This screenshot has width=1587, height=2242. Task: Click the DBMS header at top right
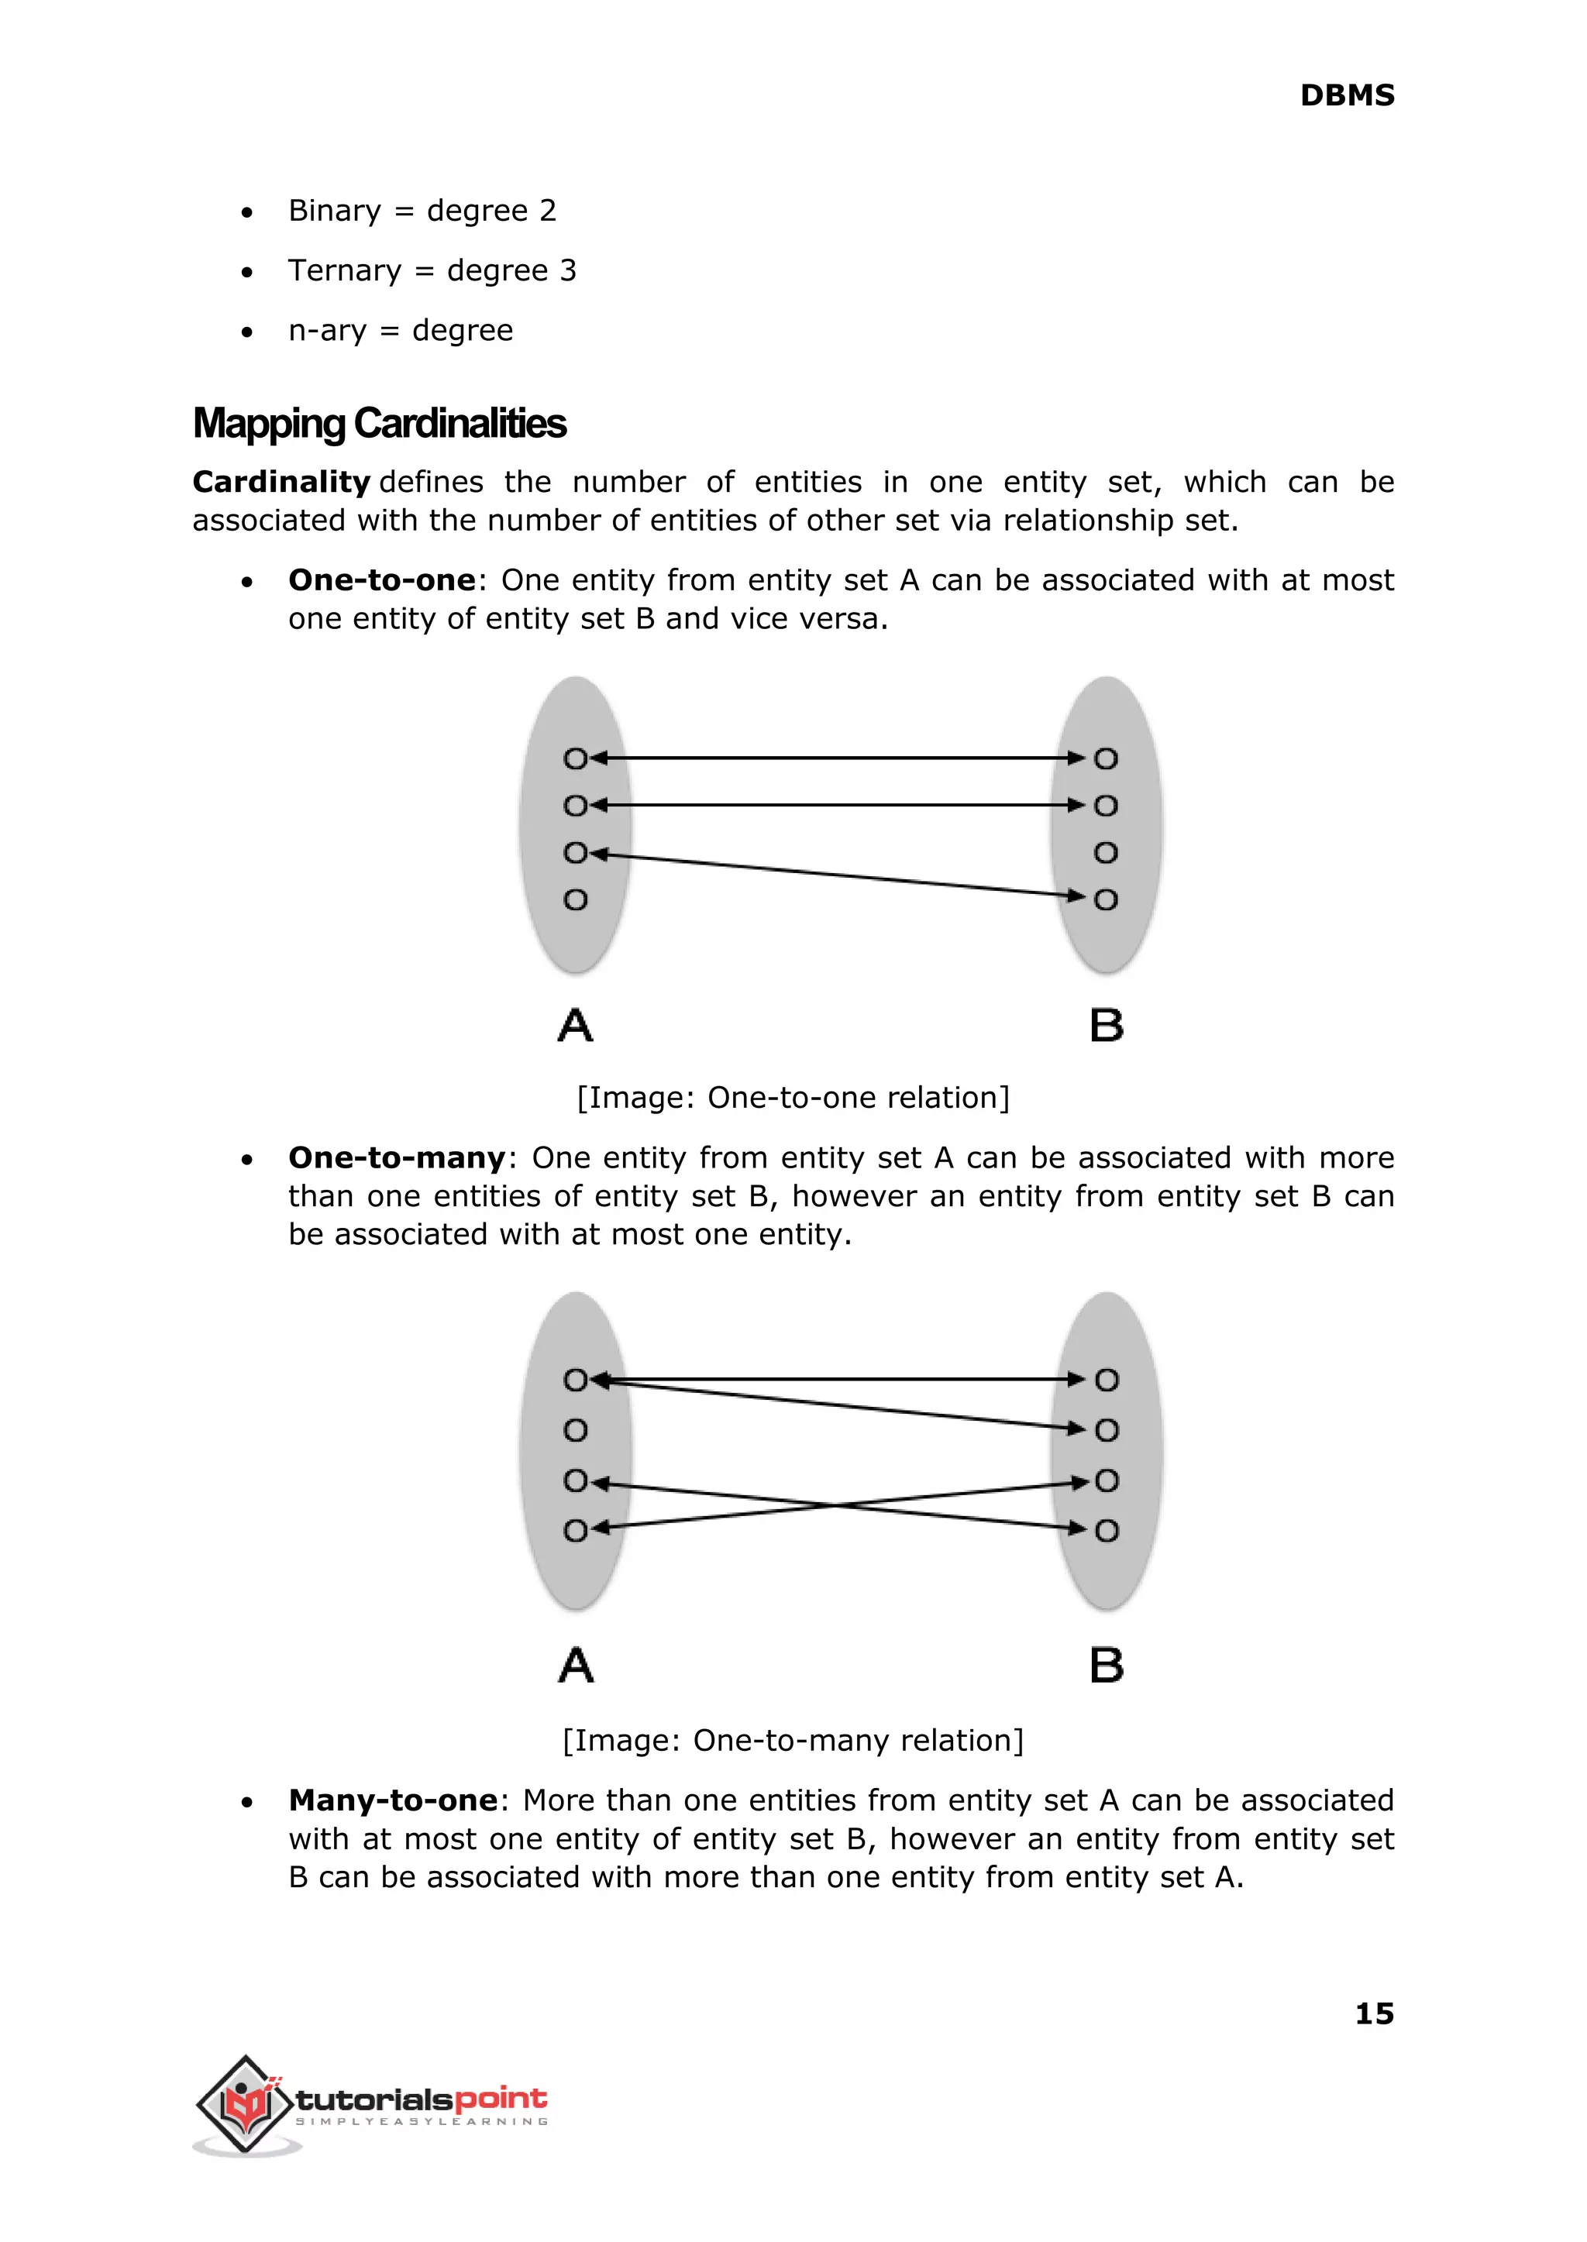[x=1346, y=96]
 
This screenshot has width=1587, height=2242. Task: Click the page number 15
[x=1373, y=2013]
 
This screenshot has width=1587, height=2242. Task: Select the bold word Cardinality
[x=281, y=482]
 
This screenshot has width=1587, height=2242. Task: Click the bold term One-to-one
[x=381, y=580]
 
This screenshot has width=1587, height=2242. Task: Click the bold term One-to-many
[x=397, y=1157]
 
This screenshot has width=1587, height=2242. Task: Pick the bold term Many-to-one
[x=393, y=1800]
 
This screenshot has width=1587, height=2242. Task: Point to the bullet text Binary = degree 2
[x=422, y=211]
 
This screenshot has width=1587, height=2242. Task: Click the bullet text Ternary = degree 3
[x=432, y=270]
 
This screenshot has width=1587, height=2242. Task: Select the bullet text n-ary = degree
[x=400, y=330]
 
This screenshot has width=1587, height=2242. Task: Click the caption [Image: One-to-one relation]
[x=793, y=1098]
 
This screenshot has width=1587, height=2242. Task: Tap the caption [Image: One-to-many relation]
[x=793, y=1740]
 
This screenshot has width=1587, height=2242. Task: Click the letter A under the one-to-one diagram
[x=576, y=1026]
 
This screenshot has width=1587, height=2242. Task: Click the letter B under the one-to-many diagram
[x=1107, y=1666]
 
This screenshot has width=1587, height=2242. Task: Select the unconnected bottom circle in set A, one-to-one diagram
[x=576, y=899]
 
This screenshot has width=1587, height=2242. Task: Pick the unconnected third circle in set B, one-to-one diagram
[x=1105, y=853]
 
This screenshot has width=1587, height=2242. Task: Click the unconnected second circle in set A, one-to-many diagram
[x=576, y=1430]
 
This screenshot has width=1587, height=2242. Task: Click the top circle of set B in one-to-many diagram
[x=1107, y=1380]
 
